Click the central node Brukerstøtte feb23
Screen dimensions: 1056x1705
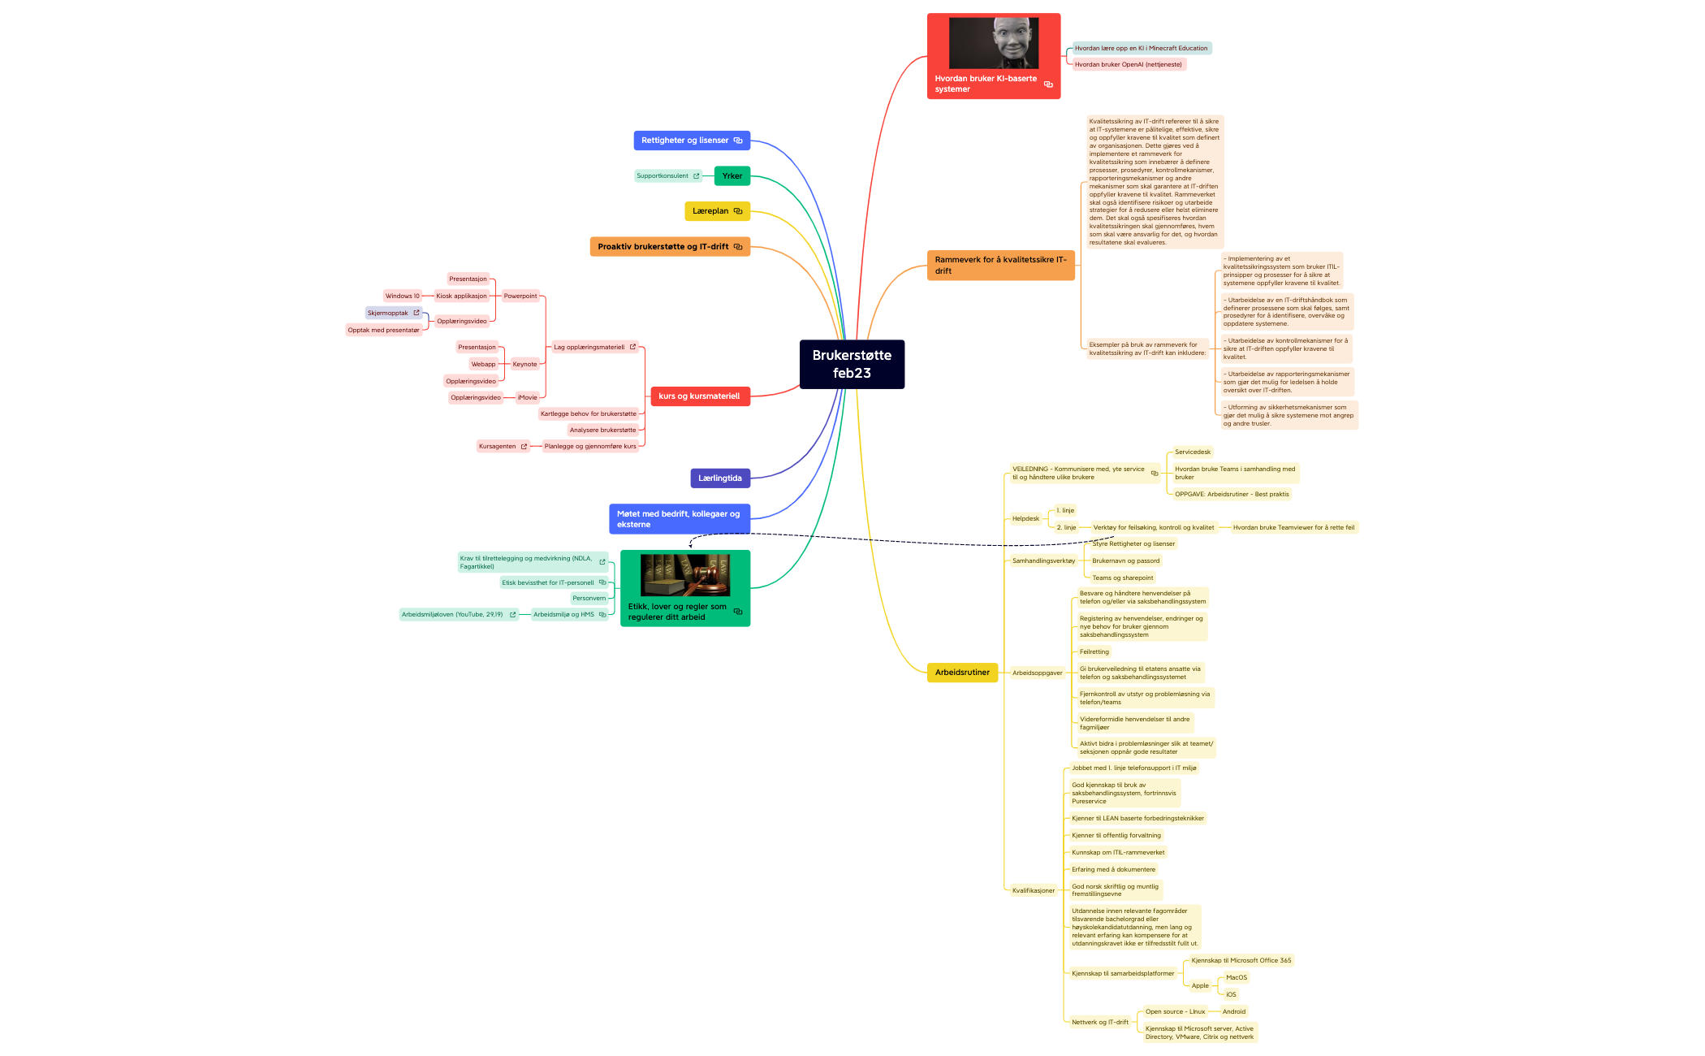click(852, 364)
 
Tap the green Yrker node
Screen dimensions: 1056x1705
click(732, 175)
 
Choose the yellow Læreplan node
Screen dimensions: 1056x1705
click(711, 211)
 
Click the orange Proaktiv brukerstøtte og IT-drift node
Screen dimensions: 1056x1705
click(663, 247)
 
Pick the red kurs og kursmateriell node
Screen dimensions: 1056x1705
click(699, 396)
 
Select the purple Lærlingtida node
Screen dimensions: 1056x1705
click(719, 478)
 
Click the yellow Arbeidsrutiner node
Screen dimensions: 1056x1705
click(962, 673)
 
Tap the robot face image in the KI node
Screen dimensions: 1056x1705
click(994, 42)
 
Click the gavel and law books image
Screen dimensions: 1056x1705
click(685, 575)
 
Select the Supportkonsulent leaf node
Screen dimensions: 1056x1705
click(663, 176)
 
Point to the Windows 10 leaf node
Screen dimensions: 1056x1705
click(402, 296)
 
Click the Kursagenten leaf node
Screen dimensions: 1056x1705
click(498, 447)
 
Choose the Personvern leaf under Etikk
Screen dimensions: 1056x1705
click(589, 599)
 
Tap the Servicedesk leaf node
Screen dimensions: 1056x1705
click(1192, 452)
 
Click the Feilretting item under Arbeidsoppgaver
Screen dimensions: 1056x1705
click(1094, 652)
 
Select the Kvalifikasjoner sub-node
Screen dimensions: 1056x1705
click(1033, 891)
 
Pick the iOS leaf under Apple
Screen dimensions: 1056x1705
click(1231, 995)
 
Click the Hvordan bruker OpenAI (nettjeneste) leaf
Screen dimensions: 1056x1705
click(1128, 65)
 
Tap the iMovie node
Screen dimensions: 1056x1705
click(528, 398)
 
